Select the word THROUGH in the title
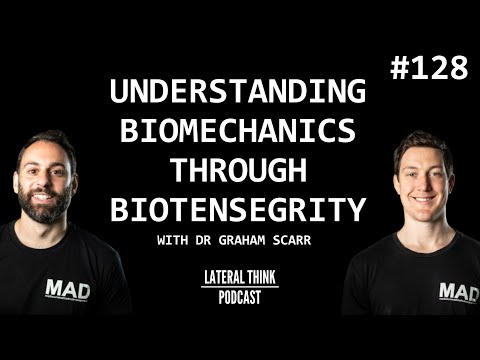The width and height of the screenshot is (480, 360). (239, 172)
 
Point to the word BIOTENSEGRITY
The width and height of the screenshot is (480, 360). (239, 209)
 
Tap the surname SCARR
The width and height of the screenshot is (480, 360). (304, 240)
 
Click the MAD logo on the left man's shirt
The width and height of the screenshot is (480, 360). (67, 290)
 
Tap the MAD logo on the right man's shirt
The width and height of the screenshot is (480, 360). (458, 291)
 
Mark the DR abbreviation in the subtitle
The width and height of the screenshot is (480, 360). (217, 240)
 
